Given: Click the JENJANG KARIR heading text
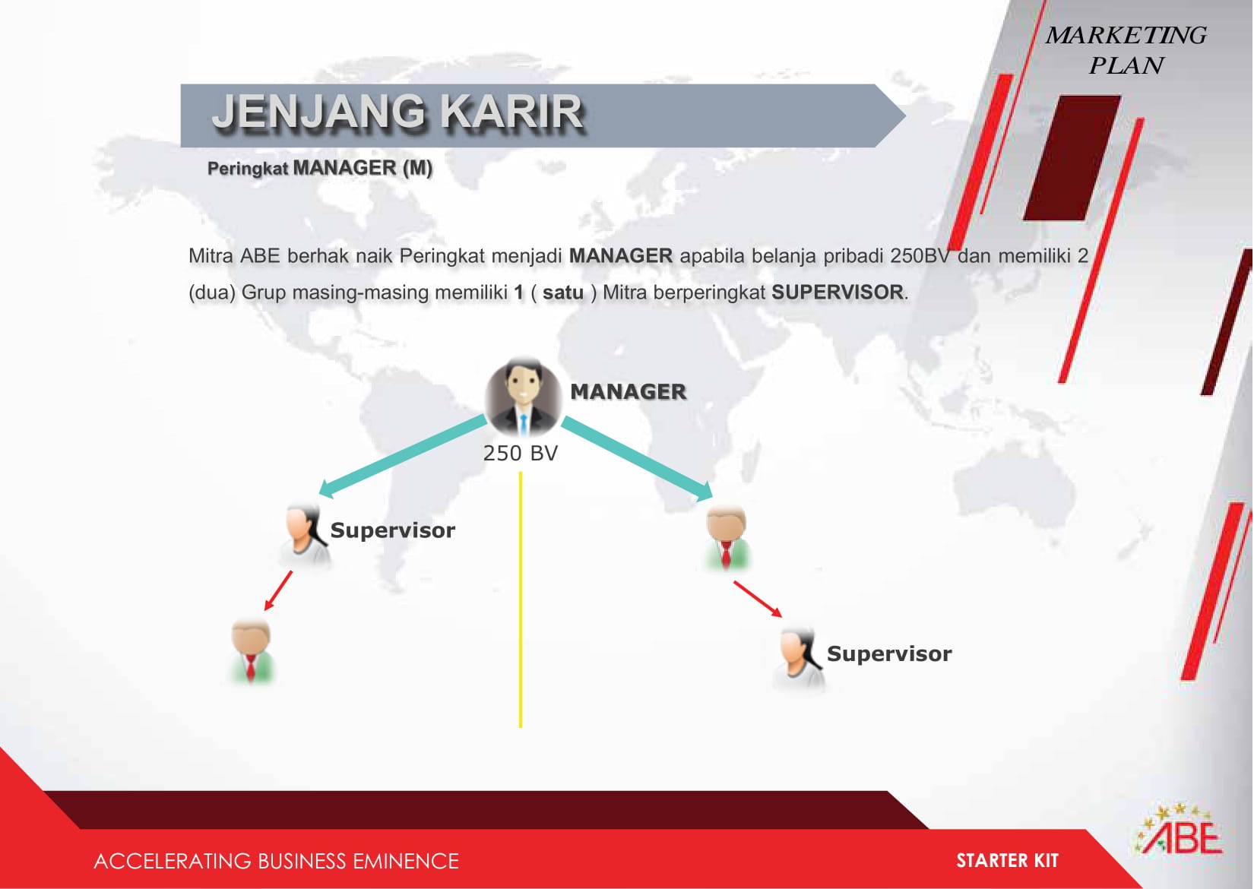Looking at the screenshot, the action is click(x=397, y=112).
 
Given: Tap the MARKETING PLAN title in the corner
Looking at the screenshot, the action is click(x=1126, y=50).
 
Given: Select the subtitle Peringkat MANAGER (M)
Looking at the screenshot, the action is click(x=320, y=168).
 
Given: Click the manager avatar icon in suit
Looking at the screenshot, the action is click(x=523, y=397).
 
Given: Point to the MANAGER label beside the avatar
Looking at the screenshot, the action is click(x=628, y=392).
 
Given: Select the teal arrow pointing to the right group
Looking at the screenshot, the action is click(x=637, y=458).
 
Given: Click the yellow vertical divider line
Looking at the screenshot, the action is click(x=521, y=600).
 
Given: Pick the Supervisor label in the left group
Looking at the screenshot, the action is click(x=392, y=530).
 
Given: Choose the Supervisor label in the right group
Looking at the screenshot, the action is click(x=889, y=654).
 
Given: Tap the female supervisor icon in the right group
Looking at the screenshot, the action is click(x=800, y=660).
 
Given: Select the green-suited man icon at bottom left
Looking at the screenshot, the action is click(x=252, y=651).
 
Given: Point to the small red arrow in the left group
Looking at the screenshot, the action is click(x=278, y=590).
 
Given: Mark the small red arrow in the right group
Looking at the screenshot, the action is click(x=758, y=599).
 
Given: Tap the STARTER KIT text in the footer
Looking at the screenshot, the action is click(x=1007, y=860).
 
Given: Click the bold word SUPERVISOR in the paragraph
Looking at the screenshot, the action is click(x=838, y=293).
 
